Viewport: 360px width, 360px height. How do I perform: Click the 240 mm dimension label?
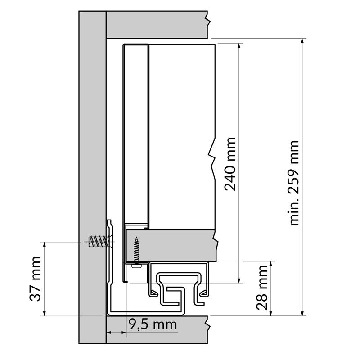coord(230,164)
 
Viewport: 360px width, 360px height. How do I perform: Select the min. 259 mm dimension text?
coord(293,183)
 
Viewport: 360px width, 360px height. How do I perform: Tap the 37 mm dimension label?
coord(35,279)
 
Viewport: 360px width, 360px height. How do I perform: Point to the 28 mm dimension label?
coord(262,288)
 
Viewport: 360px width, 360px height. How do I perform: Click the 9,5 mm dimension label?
coord(153,324)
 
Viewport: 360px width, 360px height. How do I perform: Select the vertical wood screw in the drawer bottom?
coord(137,250)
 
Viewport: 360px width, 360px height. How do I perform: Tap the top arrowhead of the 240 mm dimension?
coord(239,45)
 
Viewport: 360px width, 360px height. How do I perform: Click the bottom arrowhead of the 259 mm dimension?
coord(302,313)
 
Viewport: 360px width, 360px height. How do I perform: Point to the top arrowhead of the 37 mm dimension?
coord(45,244)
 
